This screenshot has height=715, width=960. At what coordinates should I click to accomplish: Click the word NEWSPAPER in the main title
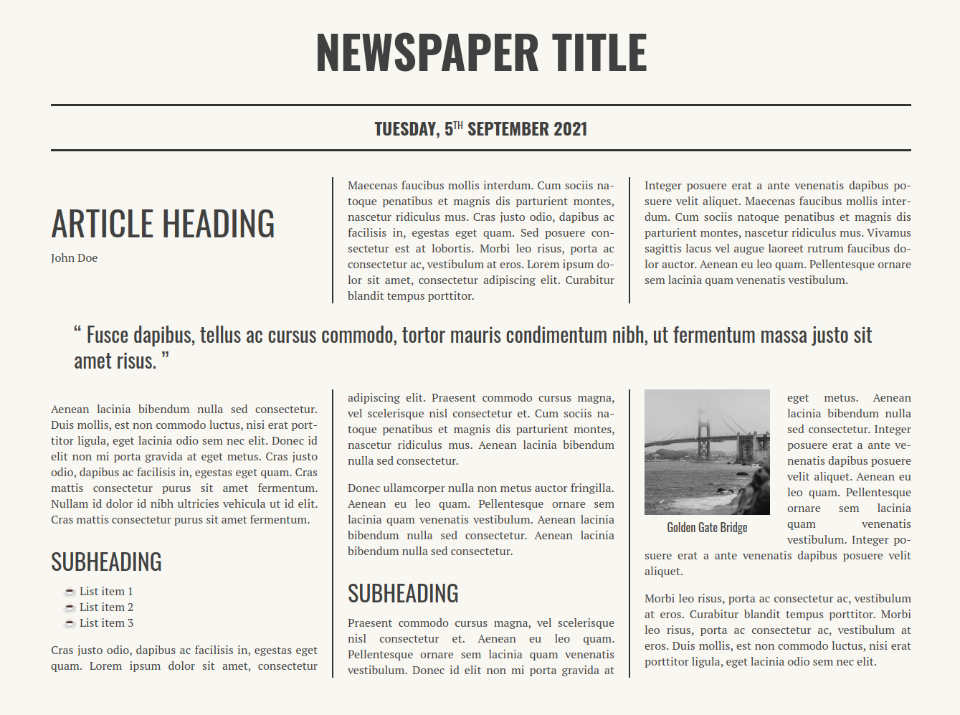(427, 52)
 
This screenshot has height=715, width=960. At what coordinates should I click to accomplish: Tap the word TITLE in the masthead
(599, 52)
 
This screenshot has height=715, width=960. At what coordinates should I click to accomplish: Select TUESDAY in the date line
(406, 129)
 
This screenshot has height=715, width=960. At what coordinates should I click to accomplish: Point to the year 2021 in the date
(571, 129)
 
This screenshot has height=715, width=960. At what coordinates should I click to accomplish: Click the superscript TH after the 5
(458, 126)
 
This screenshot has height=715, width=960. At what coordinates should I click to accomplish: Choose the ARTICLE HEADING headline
(163, 224)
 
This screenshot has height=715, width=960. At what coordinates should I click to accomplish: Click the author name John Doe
(74, 258)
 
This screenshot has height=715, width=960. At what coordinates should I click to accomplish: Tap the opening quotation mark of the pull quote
(77, 332)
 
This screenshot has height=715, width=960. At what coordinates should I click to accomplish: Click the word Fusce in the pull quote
(108, 336)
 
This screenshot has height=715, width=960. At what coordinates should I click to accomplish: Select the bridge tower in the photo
(704, 435)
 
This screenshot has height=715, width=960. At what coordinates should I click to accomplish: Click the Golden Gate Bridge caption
(707, 528)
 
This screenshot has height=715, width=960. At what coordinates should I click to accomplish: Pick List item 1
(106, 592)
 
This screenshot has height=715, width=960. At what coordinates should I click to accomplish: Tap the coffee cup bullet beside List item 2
(70, 608)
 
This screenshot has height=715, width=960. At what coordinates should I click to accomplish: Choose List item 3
(106, 623)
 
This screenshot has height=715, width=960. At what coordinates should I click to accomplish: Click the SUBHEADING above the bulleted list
(106, 562)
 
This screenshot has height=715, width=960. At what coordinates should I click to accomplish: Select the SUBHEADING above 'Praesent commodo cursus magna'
(403, 594)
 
